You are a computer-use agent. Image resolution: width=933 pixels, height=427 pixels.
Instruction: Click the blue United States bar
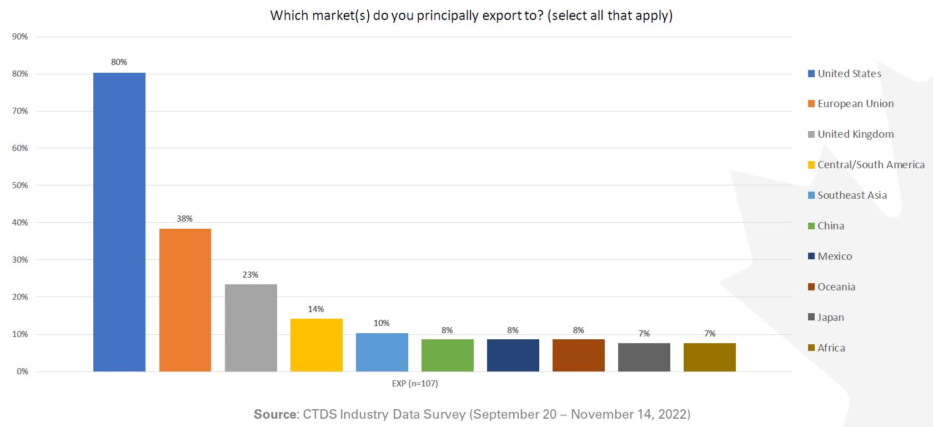tap(119, 222)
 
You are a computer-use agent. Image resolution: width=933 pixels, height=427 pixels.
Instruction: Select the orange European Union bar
tap(185, 300)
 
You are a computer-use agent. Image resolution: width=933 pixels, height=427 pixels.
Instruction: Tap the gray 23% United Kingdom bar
tap(250, 328)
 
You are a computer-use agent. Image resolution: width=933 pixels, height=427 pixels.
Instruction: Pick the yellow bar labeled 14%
tap(316, 345)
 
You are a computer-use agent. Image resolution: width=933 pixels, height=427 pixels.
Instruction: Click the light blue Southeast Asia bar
tap(382, 352)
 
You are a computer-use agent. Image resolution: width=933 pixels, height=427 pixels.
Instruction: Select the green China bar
tap(447, 355)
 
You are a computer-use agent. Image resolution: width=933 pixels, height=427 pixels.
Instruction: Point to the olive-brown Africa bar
tap(709, 357)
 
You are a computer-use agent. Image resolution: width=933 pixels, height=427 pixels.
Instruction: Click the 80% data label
tap(119, 62)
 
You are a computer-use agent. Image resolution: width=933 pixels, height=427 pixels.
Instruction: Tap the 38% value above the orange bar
tap(184, 219)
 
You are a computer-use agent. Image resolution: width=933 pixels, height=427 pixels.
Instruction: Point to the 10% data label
tap(382, 323)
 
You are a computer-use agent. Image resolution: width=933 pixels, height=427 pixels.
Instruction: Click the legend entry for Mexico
tap(834, 257)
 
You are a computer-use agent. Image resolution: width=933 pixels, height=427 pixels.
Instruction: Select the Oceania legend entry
tap(836, 287)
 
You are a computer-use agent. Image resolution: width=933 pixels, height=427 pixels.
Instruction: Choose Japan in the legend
tap(830, 318)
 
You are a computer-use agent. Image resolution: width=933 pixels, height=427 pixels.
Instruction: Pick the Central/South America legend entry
tap(870, 165)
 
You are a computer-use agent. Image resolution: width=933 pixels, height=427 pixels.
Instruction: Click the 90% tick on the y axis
tap(20, 37)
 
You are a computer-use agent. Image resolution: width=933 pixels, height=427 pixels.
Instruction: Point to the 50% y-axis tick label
tap(20, 185)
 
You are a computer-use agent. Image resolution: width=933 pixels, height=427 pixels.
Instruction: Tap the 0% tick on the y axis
tap(22, 371)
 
